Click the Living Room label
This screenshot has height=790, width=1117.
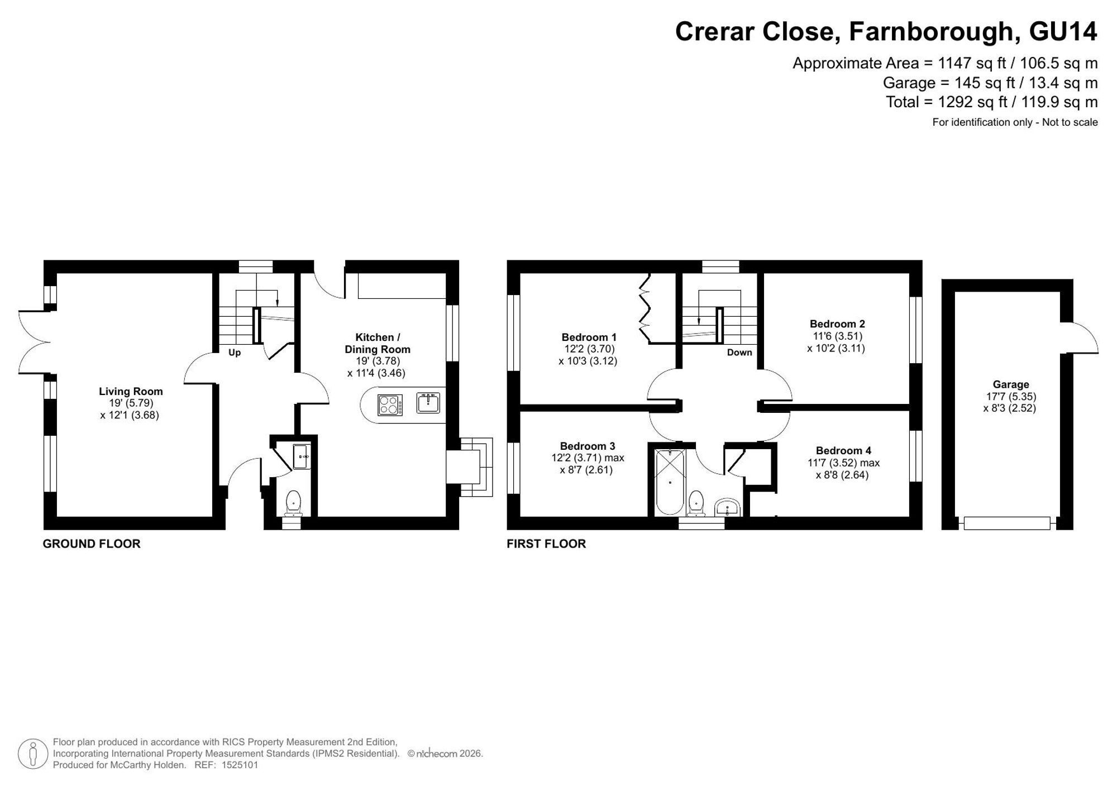[x=131, y=392]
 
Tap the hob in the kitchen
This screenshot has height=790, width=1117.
[x=390, y=405]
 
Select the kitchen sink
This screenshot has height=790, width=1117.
[x=428, y=403]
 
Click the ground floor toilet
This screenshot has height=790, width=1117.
[x=293, y=503]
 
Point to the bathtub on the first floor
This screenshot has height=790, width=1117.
[x=670, y=482]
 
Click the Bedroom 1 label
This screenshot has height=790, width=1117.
[x=589, y=337]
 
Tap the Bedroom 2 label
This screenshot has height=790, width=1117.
[x=837, y=323]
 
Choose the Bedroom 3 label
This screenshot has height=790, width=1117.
[x=588, y=446]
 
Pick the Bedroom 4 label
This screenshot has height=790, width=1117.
[x=843, y=450]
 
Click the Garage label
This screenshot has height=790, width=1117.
[x=1011, y=384]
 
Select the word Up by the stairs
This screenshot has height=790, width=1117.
[x=235, y=353]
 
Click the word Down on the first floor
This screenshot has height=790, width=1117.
[x=739, y=353]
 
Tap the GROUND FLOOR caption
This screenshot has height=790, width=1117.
[x=92, y=544]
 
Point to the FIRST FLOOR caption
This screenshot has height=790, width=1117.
[x=546, y=544]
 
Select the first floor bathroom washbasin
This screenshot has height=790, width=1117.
[x=727, y=507]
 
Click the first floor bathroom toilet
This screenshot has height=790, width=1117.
[x=696, y=503]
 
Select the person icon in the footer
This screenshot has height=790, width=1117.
[x=32, y=754]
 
